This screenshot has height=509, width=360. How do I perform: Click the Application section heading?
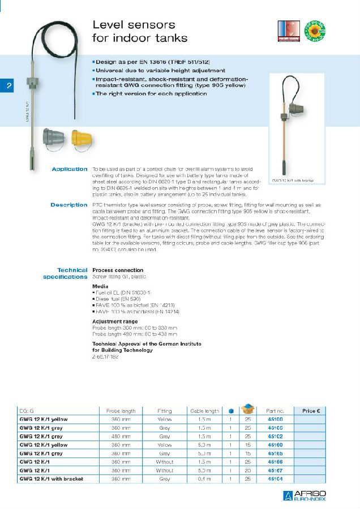pyautogui.click(x=70, y=169)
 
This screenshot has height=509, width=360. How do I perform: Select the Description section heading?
pyautogui.click(x=69, y=205)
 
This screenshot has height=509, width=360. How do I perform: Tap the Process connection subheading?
pyautogui.click(x=118, y=270)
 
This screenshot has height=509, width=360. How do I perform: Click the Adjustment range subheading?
pyautogui.click(x=115, y=321)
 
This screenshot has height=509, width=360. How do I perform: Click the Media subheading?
pyautogui.click(x=100, y=287)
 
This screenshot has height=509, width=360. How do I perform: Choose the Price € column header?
pyautogui.click(x=311, y=411)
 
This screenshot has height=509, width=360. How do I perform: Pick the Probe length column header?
pyautogui.click(x=121, y=411)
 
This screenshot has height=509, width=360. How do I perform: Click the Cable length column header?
pyautogui.click(x=204, y=411)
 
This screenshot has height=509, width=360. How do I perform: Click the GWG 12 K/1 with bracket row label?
pyautogui.click(x=52, y=479)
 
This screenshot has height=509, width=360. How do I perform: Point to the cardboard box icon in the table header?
pyautogui.click(x=248, y=409)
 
